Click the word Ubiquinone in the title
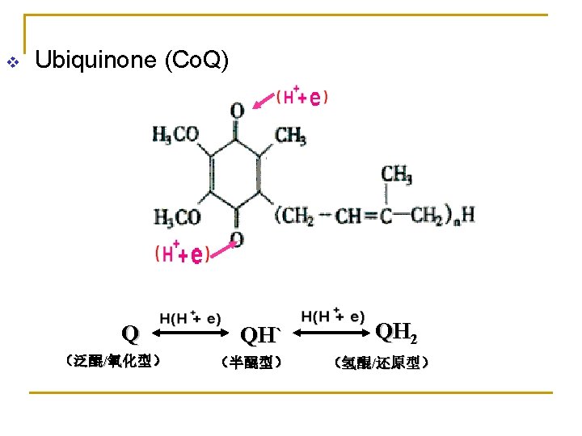point(95,61)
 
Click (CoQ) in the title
point(196,61)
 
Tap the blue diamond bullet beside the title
point(13,62)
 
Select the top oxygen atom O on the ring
point(238,111)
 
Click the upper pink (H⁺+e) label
point(302,96)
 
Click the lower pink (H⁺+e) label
point(182,253)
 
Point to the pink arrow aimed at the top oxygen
point(264,101)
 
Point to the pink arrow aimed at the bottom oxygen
point(223,249)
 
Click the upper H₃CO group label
point(175,135)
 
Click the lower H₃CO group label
point(177,217)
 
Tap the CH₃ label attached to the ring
point(291,136)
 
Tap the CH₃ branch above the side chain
point(396,175)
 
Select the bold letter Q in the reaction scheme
point(130,334)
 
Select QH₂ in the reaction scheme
point(396,332)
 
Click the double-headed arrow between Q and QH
point(191,333)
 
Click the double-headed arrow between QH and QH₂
point(331,333)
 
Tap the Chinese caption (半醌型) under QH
point(251,363)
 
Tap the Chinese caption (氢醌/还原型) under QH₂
point(382,363)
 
